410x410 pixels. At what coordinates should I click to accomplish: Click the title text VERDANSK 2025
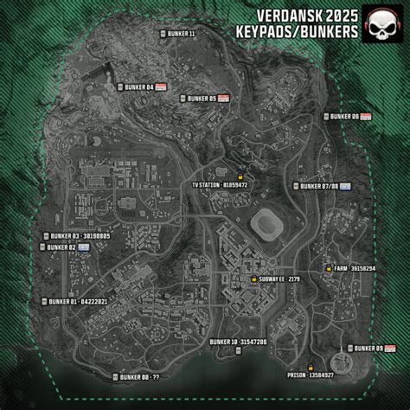tap(308, 15)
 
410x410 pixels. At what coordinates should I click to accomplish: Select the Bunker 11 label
tap(179, 34)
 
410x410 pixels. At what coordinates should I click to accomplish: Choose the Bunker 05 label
tap(202, 99)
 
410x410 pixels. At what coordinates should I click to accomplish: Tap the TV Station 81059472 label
tap(222, 185)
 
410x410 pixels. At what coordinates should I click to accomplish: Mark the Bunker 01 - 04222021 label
tap(77, 301)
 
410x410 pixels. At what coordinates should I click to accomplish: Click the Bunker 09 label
tap(368, 348)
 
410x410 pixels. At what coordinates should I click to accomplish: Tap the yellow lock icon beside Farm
tap(328, 269)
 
